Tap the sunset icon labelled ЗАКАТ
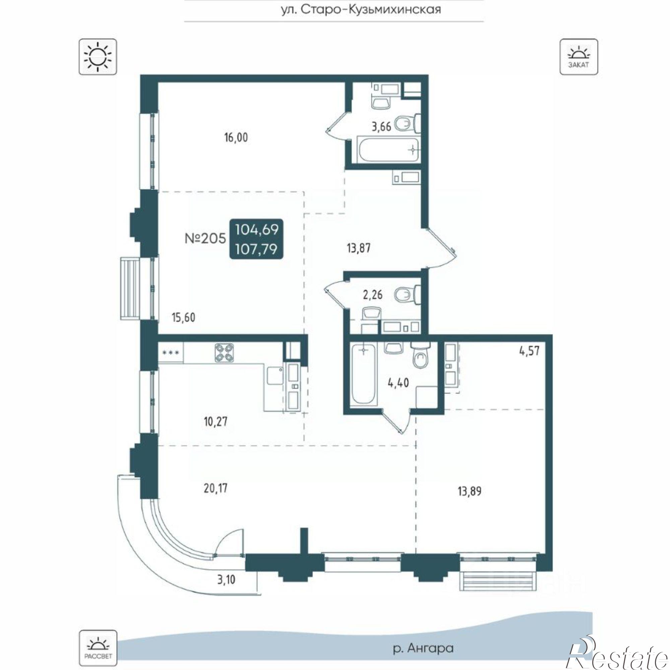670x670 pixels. pyautogui.click(x=579, y=57)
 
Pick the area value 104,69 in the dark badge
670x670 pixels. pyautogui.click(x=257, y=229)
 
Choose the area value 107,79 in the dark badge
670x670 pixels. pyautogui.click(x=257, y=249)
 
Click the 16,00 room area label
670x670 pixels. pyautogui.click(x=236, y=138)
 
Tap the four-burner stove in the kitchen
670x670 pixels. pyautogui.click(x=224, y=353)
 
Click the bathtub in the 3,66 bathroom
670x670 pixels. pyautogui.click(x=388, y=150)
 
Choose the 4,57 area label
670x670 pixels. pyautogui.click(x=530, y=351)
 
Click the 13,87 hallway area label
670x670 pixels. pyautogui.click(x=359, y=248)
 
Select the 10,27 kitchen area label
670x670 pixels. pyautogui.click(x=216, y=422)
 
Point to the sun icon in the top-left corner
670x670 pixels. pyautogui.click(x=98, y=57)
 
